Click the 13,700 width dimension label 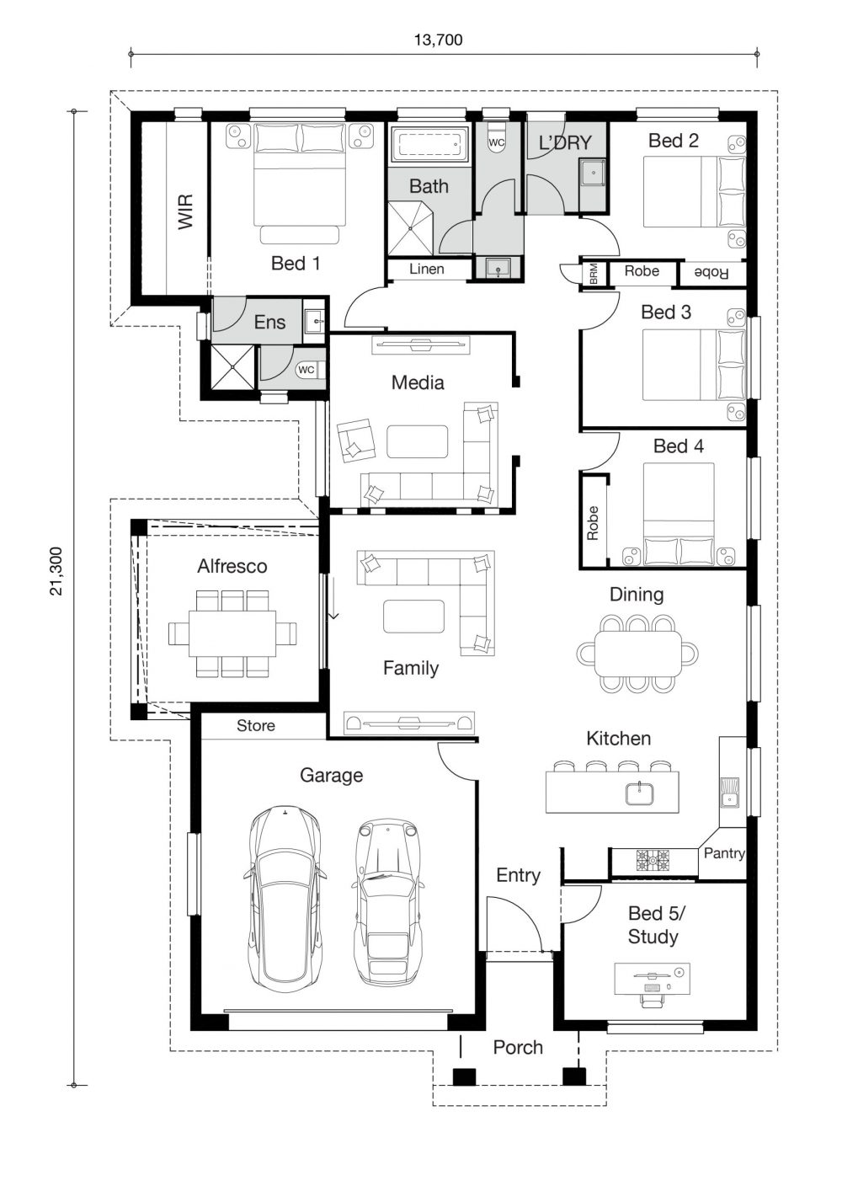[x=438, y=40]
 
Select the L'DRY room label [x=565, y=143]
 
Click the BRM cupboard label [x=594, y=273]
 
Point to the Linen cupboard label [x=427, y=270]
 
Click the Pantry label [x=724, y=853]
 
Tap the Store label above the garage [x=256, y=726]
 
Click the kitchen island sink [x=639, y=793]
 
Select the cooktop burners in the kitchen [x=653, y=860]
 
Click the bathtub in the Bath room [x=429, y=145]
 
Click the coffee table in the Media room [x=418, y=441]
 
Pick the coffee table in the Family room [x=413, y=616]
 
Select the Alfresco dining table [x=232, y=633]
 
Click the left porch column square [x=464, y=1076]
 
